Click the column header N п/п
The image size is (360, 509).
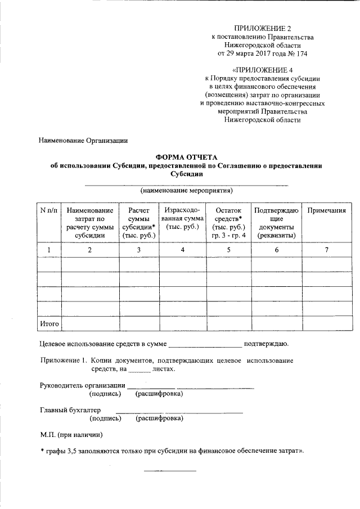pos(49,210)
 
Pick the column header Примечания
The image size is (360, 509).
pos(326,210)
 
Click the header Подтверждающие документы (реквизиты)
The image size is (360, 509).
pos(276,222)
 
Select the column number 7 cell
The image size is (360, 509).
pos(326,250)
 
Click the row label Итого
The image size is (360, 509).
pos(49,324)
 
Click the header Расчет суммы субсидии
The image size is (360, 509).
pos(138,222)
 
